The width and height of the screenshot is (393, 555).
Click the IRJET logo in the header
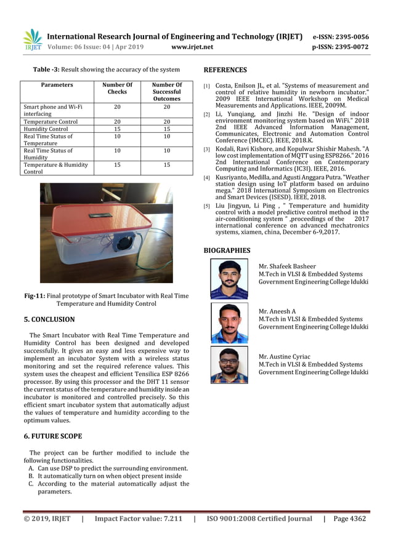click(32, 39)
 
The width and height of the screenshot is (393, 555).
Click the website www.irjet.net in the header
click(192, 47)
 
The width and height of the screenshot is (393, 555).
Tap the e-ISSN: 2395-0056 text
click(341, 37)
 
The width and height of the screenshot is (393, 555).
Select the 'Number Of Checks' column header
click(117, 88)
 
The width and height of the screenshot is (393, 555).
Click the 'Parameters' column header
click(57, 85)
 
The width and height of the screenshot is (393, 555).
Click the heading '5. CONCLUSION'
click(49, 319)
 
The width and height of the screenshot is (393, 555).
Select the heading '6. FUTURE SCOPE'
click(52, 436)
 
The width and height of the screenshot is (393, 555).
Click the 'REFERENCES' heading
click(225, 70)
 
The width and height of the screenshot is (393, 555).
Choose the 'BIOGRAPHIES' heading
click(227, 250)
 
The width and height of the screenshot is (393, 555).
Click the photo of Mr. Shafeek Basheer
click(229, 279)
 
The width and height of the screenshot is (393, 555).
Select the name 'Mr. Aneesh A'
click(277, 311)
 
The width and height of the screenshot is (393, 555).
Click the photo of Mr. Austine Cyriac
click(229, 365)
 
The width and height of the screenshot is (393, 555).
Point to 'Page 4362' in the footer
click(349, 519)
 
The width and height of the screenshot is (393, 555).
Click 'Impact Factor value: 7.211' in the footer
click(138, 519)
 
